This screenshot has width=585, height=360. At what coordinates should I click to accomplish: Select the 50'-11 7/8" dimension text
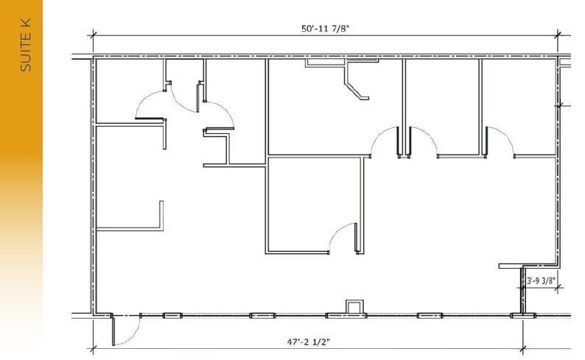point(325,29)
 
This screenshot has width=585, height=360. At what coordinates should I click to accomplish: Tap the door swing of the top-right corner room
point(499,140)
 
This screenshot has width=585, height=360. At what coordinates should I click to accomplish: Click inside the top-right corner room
point(519,103)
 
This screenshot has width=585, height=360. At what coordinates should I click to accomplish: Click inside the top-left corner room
point(127,88)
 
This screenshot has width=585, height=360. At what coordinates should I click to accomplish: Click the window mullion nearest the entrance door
point(172,315)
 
